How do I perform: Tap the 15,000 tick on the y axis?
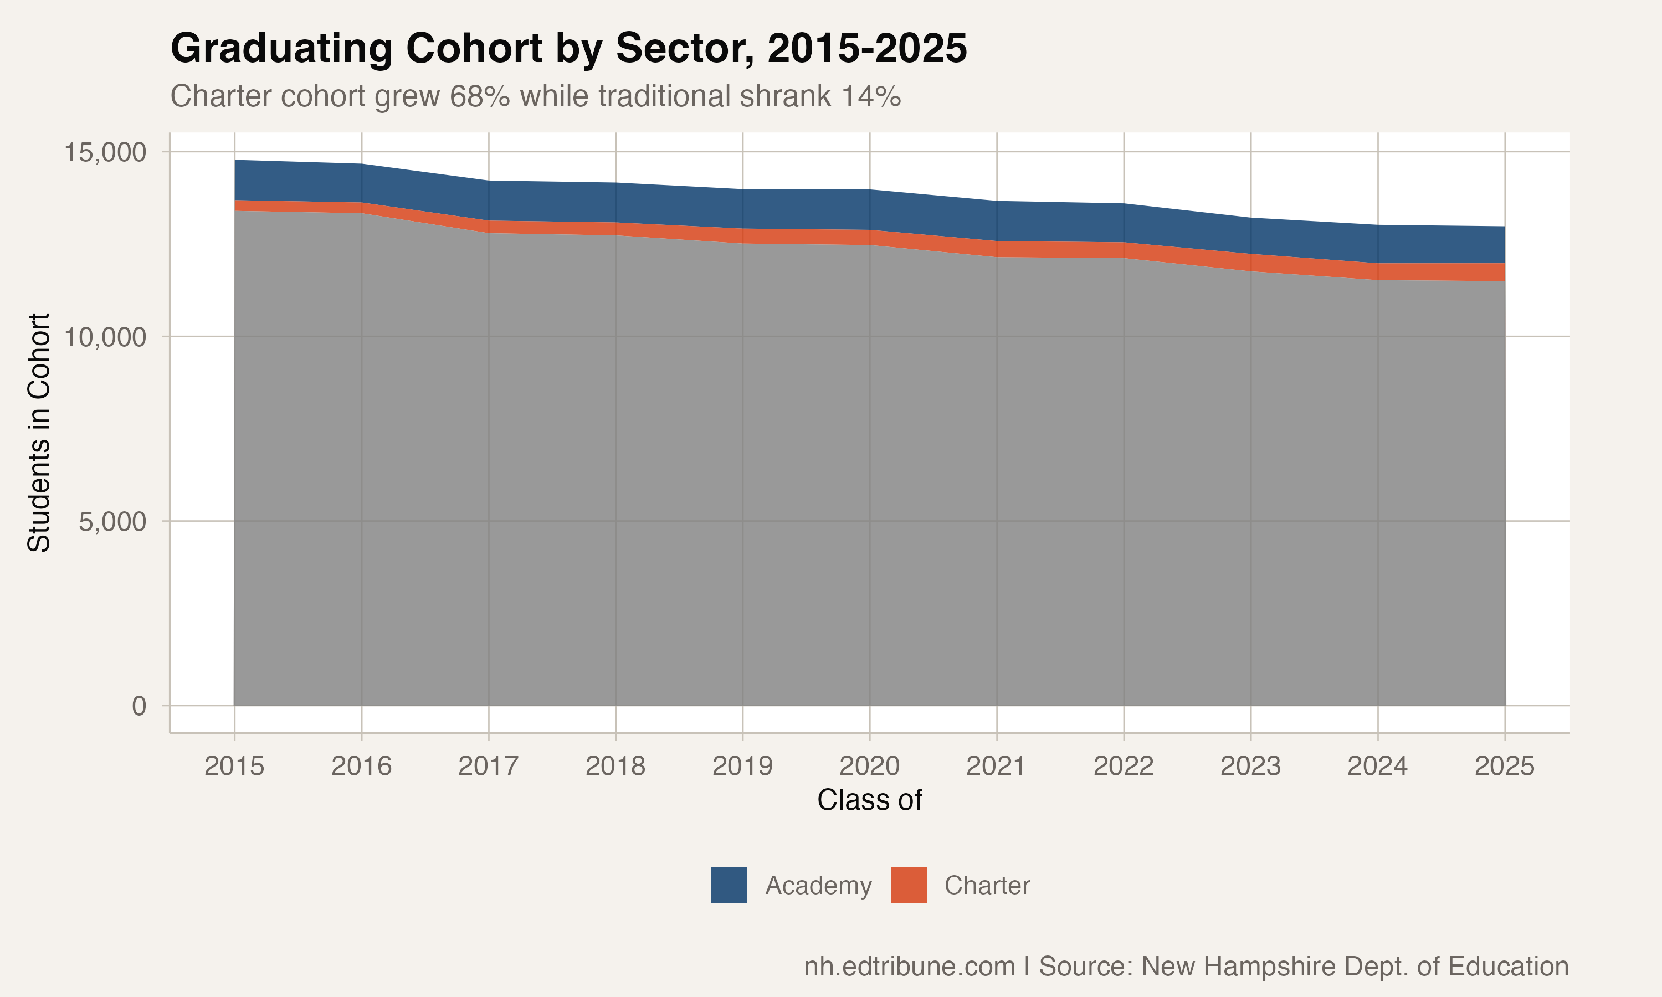pos(105,152)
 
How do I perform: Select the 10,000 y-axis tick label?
pos(105,337)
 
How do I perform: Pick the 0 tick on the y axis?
pos(139,706)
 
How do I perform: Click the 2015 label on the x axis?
pos(234,766)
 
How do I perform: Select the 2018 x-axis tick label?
pos(615,766)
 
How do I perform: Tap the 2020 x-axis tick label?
pos(869,766)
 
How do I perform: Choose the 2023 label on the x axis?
pos(1250,766)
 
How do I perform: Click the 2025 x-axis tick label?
pos(1504,766)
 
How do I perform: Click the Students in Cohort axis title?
pos(39,432)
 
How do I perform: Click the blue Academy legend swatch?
pos(728,885)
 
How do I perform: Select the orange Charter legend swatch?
pos(908,885)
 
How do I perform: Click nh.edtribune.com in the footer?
pos(909,966)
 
